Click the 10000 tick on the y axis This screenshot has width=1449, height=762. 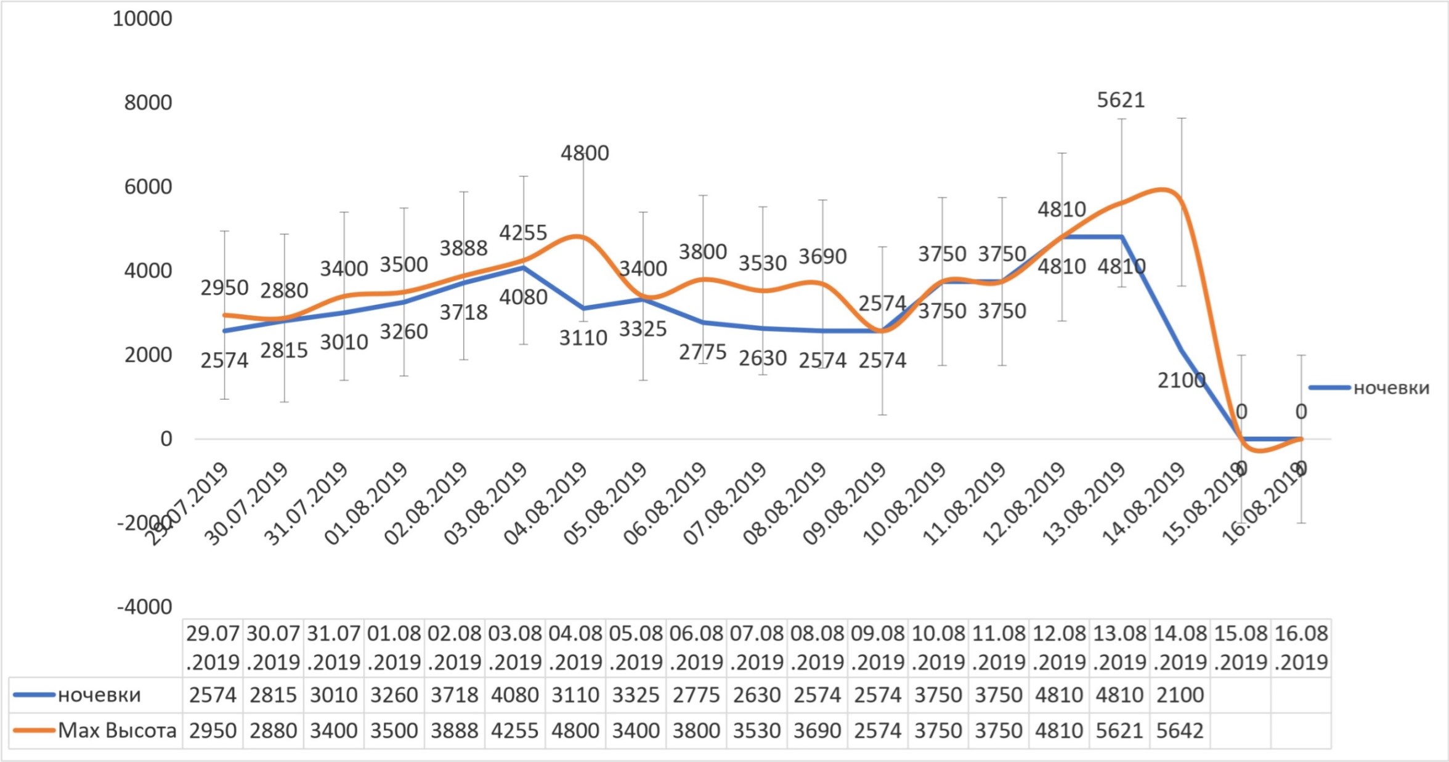click(142, 19)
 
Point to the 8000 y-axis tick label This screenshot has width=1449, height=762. click(148, 103)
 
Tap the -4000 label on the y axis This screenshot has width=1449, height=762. click(144, 607)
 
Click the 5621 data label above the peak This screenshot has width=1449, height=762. click(1121, 100)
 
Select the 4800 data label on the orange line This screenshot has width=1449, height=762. click(585, 153)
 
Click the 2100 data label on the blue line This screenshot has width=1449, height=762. click(1181, 381)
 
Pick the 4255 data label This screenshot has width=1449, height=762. click(523, 233)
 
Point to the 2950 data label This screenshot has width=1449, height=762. click(224, 288)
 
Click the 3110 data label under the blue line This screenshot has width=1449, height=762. click(583, 338)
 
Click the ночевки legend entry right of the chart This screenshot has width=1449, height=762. click(1390, 388)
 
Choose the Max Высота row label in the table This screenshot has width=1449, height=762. click(116, 731)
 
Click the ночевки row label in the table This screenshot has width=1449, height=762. click(99, 695)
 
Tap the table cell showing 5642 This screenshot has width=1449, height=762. click(1180, 731)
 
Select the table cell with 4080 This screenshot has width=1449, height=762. click(514, 695)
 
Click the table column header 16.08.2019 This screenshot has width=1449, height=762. click(1301, 647)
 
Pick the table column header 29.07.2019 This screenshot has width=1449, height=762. click(213, 647)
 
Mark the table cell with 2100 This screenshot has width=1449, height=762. click(1180, 695)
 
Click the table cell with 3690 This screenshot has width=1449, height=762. click(817, 731)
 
